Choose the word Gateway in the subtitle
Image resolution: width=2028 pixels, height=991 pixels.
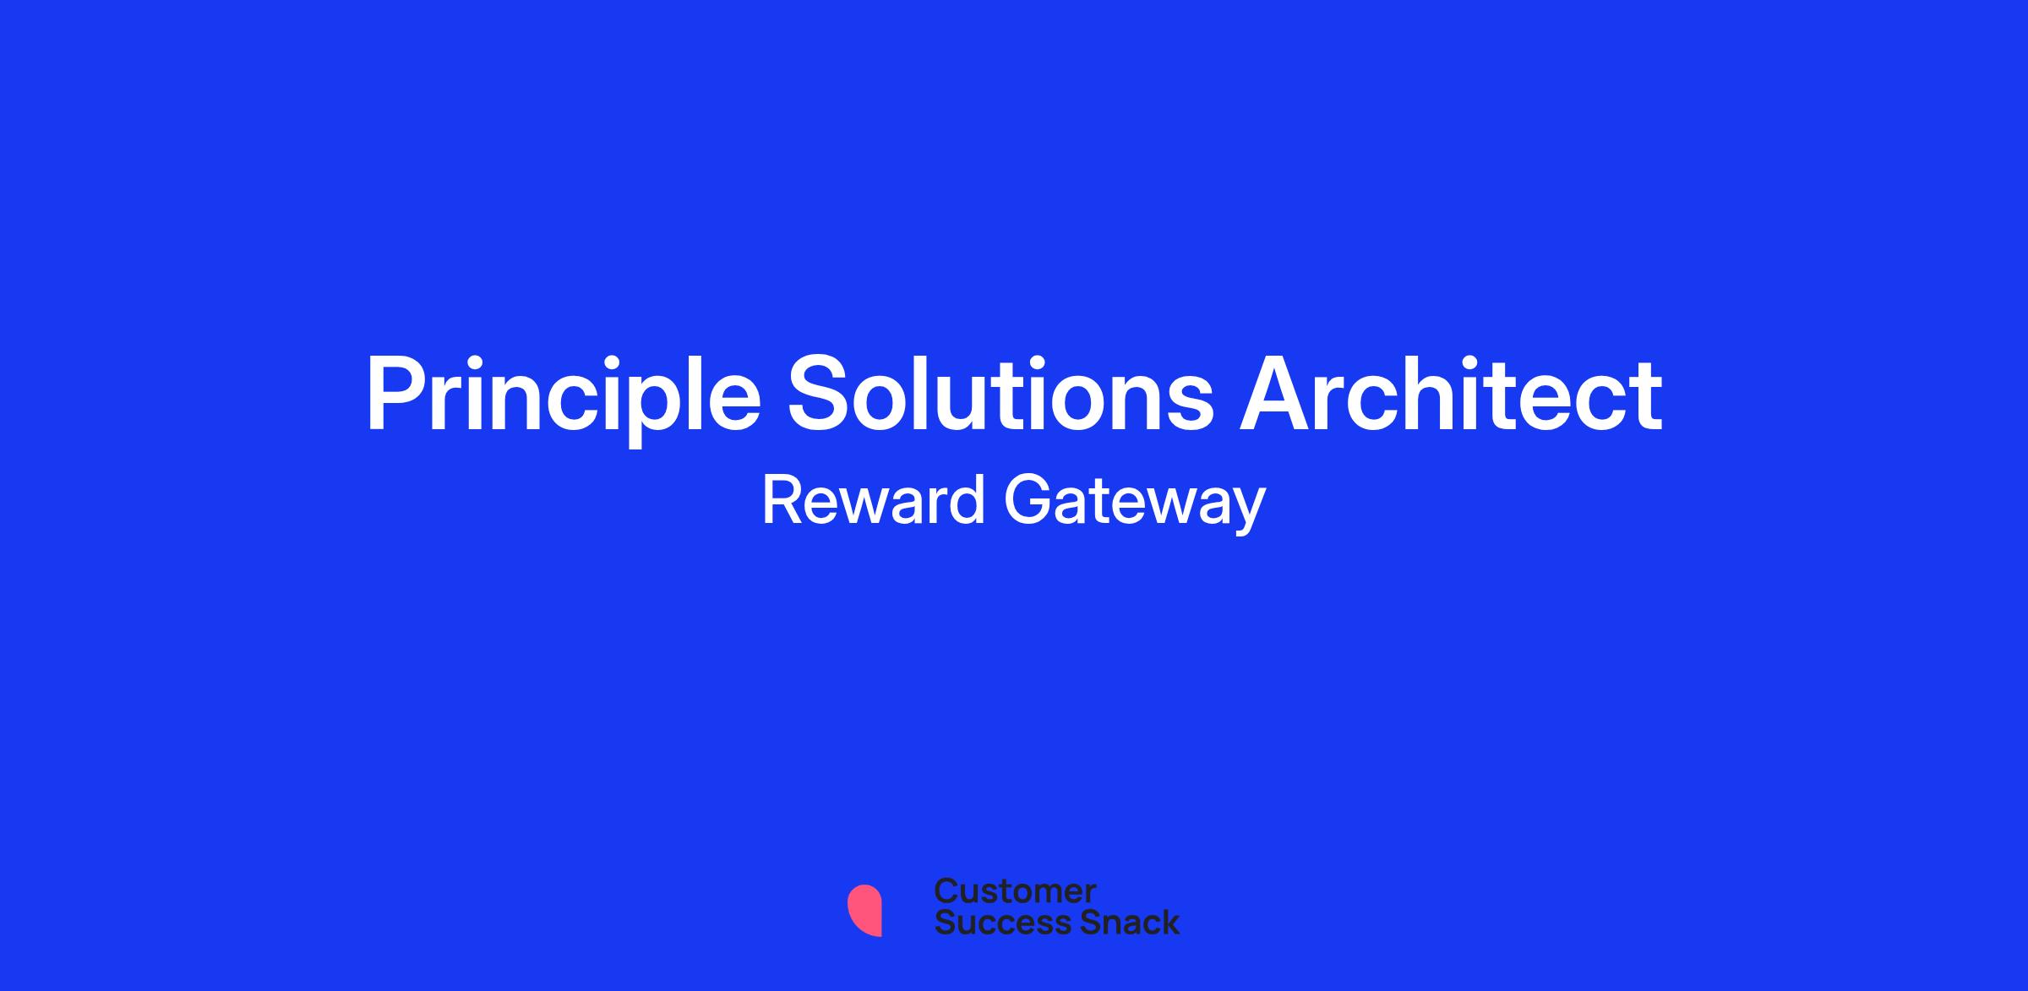click(1135, 504)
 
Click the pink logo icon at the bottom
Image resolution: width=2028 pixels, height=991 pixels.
click(864, 911)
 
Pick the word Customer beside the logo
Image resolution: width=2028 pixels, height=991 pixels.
click(1015, 891)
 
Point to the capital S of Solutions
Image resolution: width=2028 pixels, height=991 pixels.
click(820, 393)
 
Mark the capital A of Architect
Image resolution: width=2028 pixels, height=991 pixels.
click(1276, 393)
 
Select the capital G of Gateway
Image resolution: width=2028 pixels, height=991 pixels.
click(1028, 500)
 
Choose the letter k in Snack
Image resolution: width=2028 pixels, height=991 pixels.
click(1168, 923)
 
